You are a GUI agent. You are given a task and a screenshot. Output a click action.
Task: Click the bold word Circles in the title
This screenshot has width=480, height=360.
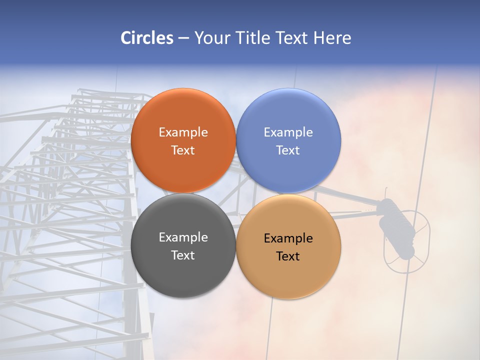pyautogui.click(x=147, y=38)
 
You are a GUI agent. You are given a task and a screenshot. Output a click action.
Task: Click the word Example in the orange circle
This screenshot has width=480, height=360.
pyautogui.click(x=183, y=132)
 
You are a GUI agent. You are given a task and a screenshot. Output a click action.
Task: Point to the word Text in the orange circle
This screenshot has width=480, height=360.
pyautogui.click(x=183, y=150)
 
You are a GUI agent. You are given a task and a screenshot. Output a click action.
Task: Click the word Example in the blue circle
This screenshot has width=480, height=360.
pyautogui.click(x=288, y=132)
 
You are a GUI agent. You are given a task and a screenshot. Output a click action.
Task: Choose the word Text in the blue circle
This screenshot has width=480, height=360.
pyautogui.click(x=288, y=150)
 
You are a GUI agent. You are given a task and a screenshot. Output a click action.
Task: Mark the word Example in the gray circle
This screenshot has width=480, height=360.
pyautogui.click(x=183, y=237)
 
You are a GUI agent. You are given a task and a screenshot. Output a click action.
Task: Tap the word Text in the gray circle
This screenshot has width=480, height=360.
pyautogui.click(x=183, y=255)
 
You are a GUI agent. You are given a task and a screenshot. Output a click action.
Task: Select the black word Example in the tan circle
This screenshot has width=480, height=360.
pyautogui.click(x=288, y=238)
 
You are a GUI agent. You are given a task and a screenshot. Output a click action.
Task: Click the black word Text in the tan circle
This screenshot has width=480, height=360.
pyautogui.click(x=288, y=256)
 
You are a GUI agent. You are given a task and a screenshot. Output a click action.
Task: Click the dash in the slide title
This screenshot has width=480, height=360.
pyautogui.click(x=183, y=38)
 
